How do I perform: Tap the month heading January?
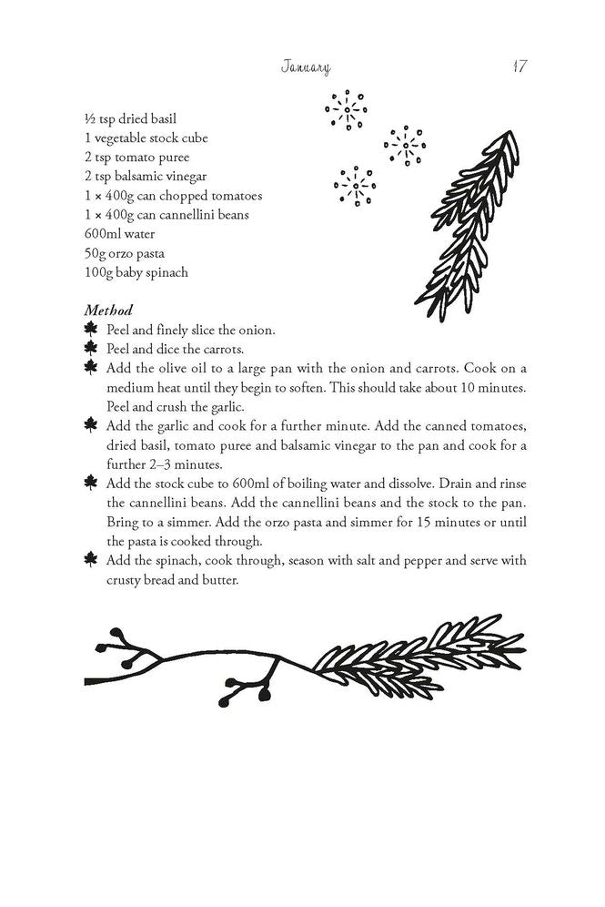[x=306, y=67]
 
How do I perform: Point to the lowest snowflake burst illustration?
[x=355, y=187]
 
